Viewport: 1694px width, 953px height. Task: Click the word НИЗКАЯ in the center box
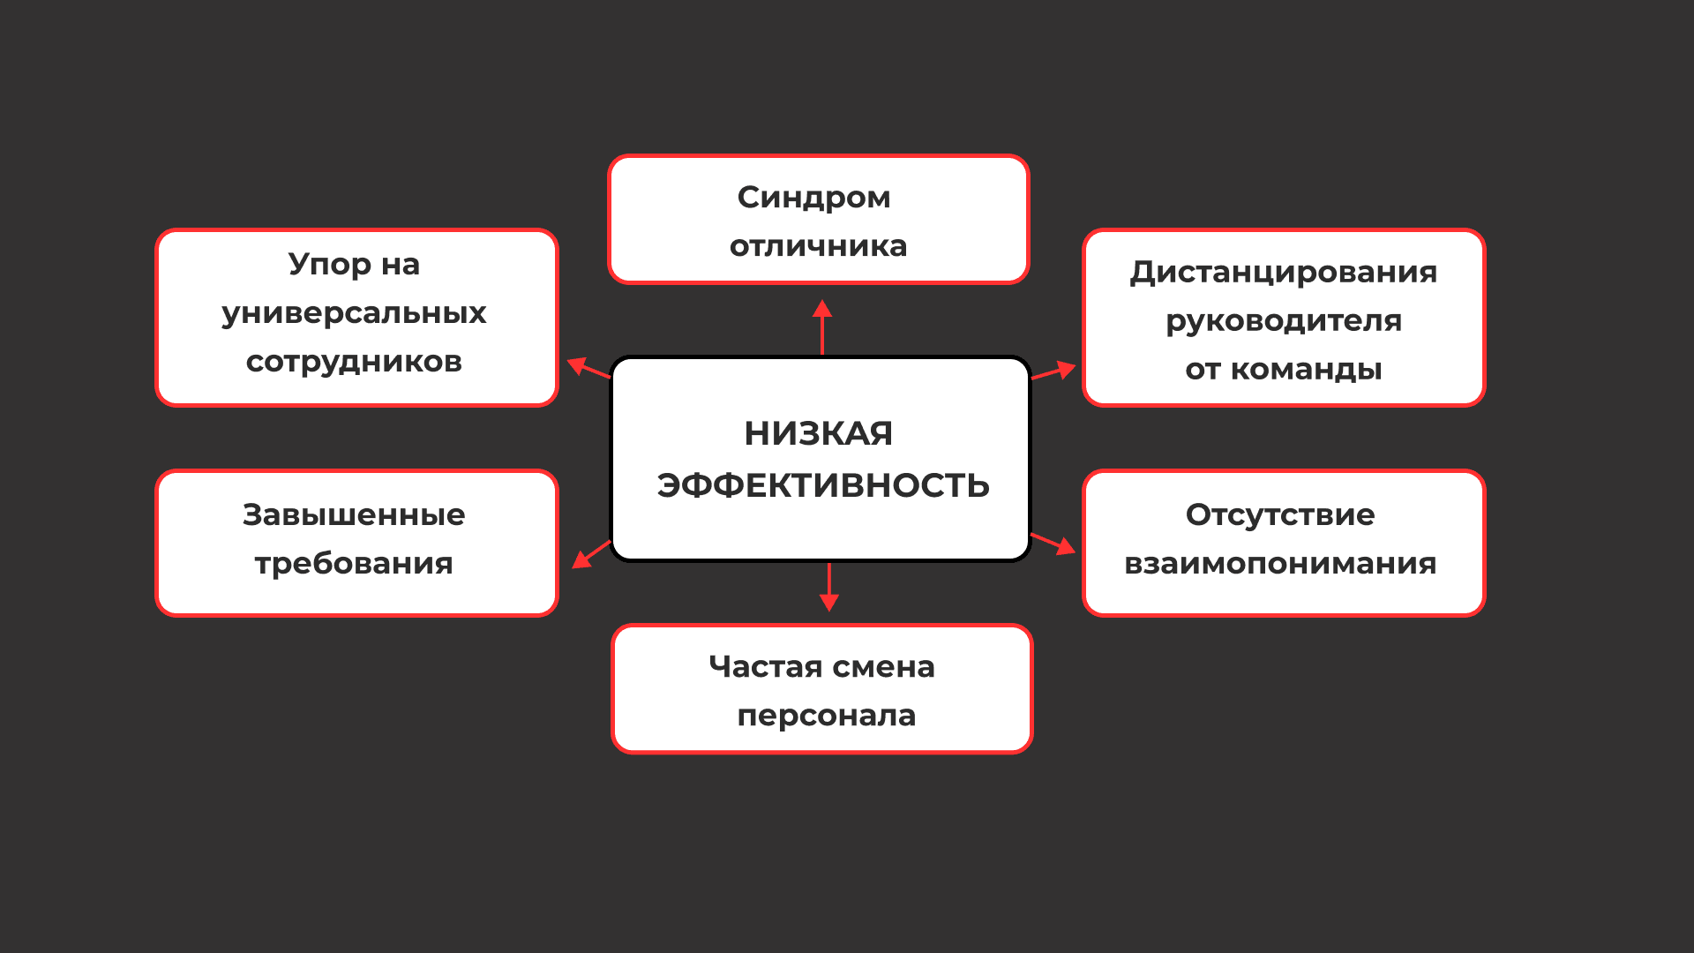(x=818, y=433)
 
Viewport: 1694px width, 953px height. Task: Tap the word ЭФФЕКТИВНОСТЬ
(x=822, y=485)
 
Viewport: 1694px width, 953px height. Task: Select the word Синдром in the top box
(x=813, y=197)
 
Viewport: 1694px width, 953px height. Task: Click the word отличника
(x=818, y=245)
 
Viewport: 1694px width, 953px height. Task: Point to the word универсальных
(x=354, y=313)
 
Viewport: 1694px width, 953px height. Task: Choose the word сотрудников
(x=354, y=361)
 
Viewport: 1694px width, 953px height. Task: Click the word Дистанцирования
(x=1283, y=272)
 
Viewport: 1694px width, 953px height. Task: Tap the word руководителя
(x=1283, y=320)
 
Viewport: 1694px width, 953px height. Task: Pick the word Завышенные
(x=354, y=514)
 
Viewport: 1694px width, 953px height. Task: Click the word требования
(x=354, y=563)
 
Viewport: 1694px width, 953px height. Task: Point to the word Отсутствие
(x=1279, y=514)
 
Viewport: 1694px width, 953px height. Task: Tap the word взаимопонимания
(x=1279, y=563)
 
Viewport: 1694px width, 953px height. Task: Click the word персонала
(x=826, y=715)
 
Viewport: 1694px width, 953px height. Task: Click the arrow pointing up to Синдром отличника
(x=822, y=326)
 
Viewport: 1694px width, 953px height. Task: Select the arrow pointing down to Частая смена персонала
(x=828, y=587)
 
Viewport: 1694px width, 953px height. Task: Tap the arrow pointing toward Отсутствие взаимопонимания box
(x=1053, y=543)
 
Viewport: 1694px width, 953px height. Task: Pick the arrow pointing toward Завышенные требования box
(x=591, y=554)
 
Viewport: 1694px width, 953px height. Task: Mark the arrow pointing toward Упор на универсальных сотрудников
(x=588, y=368)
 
